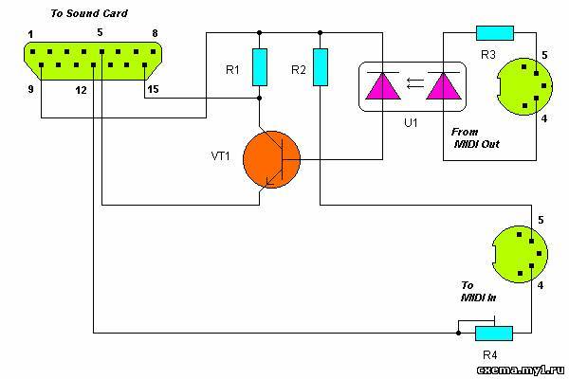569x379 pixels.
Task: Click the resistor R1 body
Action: point(260,67)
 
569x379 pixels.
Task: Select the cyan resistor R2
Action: point(321,67)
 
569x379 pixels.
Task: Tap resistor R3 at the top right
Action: point(495,33)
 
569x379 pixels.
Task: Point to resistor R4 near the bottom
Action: point(494,334)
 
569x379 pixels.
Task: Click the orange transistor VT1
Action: point(271,159)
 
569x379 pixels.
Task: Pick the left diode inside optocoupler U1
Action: point(383,85)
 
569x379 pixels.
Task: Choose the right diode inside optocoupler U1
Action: point(444,85)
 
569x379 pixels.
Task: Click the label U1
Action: point(411,123)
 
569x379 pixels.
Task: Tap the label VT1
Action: point(220,156)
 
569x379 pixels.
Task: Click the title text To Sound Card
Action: point(89,13)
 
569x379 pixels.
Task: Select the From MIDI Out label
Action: point(475,137)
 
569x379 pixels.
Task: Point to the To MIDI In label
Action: point(478,292)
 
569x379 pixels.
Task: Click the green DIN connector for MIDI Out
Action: point(524,86)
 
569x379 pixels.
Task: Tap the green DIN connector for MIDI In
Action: point(520,254)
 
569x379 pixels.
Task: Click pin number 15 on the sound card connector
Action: point(153,89)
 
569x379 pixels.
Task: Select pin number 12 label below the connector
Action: point(81,90)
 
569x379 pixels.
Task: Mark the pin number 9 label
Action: point(31,89)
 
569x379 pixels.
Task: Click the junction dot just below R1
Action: point(260,98)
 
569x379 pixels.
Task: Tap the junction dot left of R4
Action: point(458,333)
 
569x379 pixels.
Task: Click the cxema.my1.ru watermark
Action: point(521,370)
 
